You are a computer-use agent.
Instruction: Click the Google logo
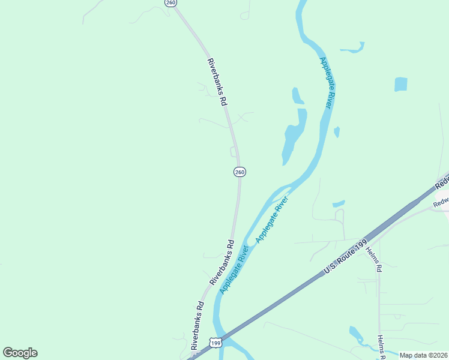tap(20, 353)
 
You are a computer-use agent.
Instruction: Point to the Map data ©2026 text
tap(423, 355)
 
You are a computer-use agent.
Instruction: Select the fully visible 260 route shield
tap(240, 172)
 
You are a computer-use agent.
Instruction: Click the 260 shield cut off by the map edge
tap(171, 3)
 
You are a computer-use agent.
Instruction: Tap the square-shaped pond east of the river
tap(401, 85)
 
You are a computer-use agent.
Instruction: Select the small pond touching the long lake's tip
tap(297, 96)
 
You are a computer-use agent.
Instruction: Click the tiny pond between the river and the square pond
tap(337, 131)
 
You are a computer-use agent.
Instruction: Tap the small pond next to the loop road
tap(339, 204)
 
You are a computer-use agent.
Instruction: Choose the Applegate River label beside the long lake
tap(325, 82)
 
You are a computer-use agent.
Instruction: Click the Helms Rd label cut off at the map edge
tap(381, 348)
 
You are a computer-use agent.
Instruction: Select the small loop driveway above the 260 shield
tap(234, 152)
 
